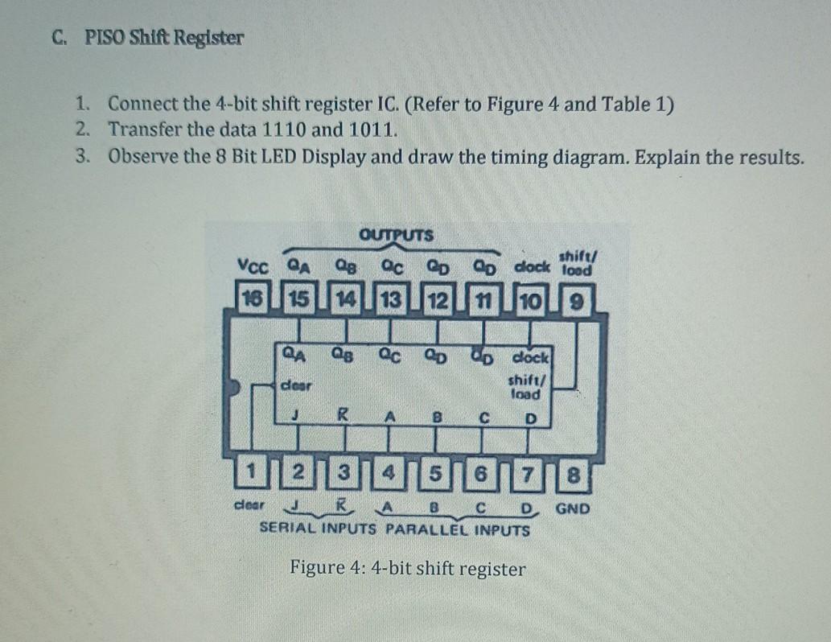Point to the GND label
click(573, 508)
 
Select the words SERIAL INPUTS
click(319, 530)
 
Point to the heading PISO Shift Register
click(164, 39)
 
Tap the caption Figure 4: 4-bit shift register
click(408, 569)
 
